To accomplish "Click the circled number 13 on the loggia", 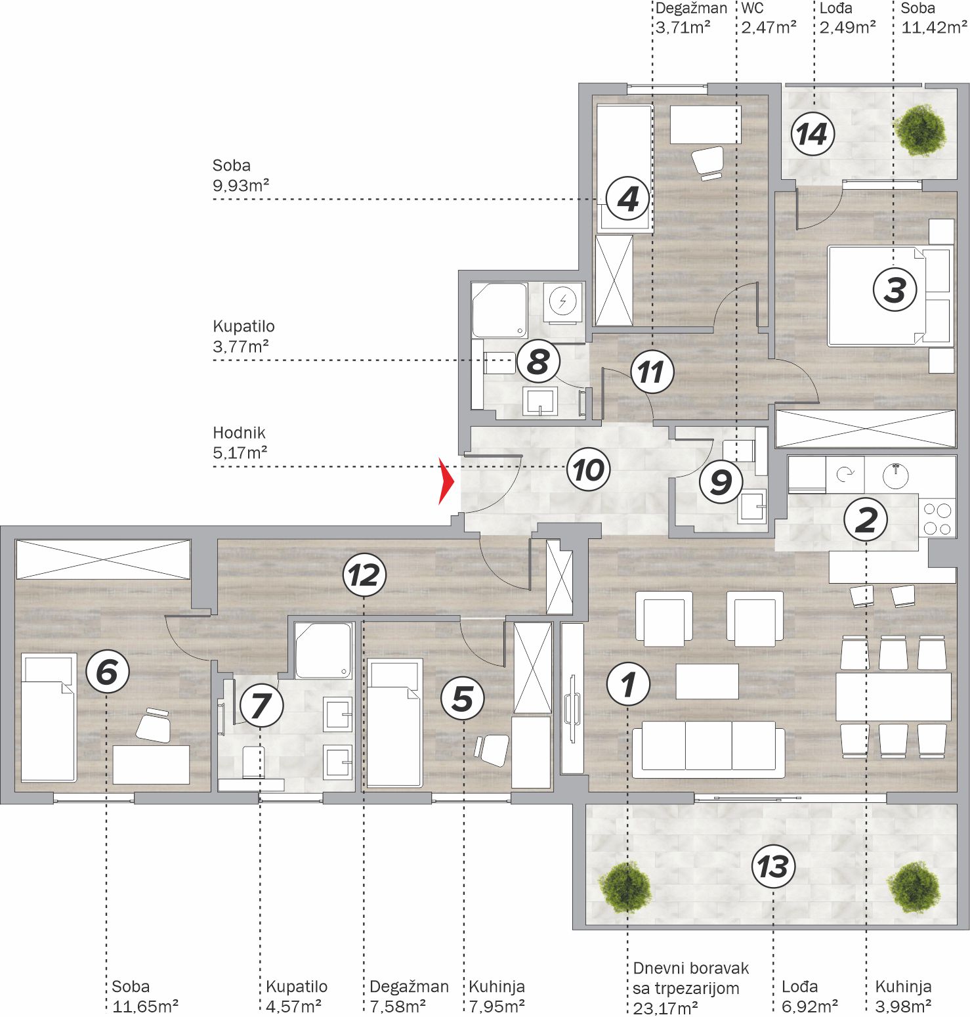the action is [773, 866].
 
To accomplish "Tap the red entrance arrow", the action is [446, 482].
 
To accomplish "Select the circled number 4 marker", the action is [628, 198].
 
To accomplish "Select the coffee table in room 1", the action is [707, 682].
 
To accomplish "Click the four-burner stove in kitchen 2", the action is [937, 519].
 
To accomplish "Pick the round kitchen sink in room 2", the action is [896, 475].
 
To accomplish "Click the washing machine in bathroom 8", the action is [562, 302].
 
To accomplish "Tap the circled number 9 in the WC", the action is [721, 482].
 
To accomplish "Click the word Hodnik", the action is [239, 433].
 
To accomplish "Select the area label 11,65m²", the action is [145, 1006].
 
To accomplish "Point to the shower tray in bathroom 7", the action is [323, 650].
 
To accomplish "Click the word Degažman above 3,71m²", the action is [691, 9].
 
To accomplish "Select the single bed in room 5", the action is [394, 722].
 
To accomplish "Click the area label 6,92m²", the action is [809, 1006].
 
